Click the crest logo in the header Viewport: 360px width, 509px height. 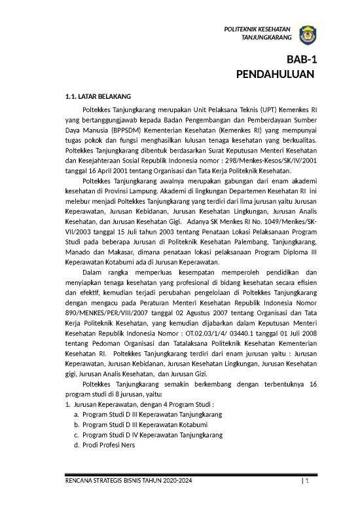click(307, 34)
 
